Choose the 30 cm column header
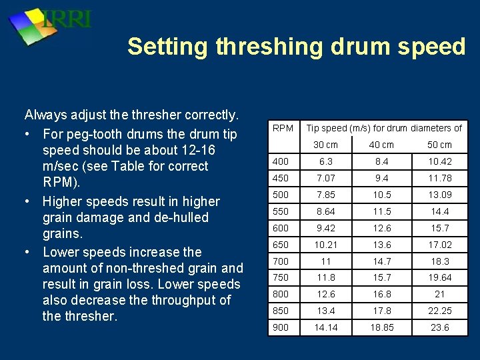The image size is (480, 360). coord(325,145)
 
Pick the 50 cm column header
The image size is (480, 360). coord(439,145)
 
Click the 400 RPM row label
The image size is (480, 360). coord(281,161)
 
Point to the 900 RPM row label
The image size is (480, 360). coord(281,327)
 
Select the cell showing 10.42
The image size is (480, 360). coord(439,161)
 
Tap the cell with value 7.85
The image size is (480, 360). coord(325,195)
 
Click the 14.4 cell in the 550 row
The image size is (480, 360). coord(439,211)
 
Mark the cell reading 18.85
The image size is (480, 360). coord(381,327)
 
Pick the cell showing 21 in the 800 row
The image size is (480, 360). coord(439,294)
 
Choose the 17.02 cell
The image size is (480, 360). coord(439,245)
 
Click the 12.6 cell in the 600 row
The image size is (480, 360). coord(381,228)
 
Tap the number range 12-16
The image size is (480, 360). coord(196,151)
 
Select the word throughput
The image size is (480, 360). coord(177,300)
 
